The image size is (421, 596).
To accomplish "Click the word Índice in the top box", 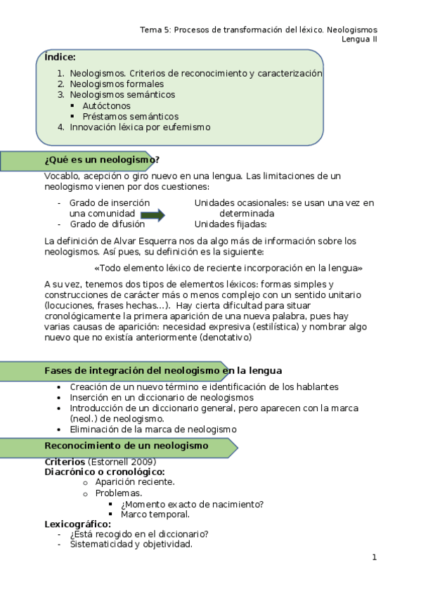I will (x=60, y=57).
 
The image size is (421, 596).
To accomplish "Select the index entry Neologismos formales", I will (x=117, y=84).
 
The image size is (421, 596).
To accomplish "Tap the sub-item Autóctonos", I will (x=106, y=105).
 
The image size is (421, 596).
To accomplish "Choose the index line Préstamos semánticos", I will (x=130, y=116).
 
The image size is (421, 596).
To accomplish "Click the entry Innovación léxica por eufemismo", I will (x=140, y=127).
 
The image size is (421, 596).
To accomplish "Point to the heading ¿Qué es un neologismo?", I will (x=102, y=160).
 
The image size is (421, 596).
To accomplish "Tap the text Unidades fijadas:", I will (x=231, y=224).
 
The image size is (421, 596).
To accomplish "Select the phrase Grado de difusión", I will (x=107, y=224).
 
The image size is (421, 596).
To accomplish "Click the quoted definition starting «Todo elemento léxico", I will (x=228, y=268).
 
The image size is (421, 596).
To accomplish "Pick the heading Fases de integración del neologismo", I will (x=163, y=370).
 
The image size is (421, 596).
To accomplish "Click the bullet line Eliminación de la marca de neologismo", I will (x=153, y=429).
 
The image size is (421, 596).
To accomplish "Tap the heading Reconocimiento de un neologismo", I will (x=127, y=446).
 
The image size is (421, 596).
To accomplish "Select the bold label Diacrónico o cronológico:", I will (x=105, y=472).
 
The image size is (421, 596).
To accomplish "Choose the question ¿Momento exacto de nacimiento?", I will (x=192, y=504).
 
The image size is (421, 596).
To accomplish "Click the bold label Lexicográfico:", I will (x=77, y=524).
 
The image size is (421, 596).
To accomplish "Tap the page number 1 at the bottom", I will (x=374, y=557).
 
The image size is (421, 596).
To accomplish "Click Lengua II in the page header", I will (x=359, y=39).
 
